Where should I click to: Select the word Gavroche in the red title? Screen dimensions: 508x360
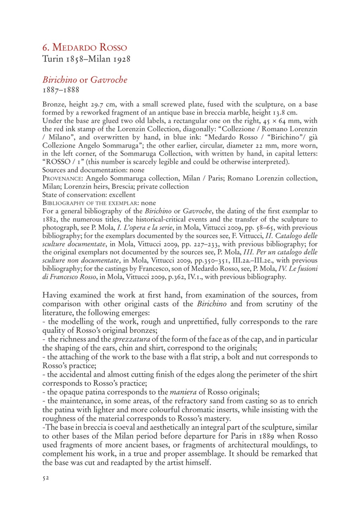pos(109,80)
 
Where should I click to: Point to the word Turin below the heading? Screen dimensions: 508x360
pos(52,59)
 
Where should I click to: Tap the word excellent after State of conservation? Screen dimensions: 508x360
pos(122,195)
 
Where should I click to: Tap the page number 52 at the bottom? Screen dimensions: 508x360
pos(46,478)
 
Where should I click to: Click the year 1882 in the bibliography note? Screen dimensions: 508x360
pos(50,219)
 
